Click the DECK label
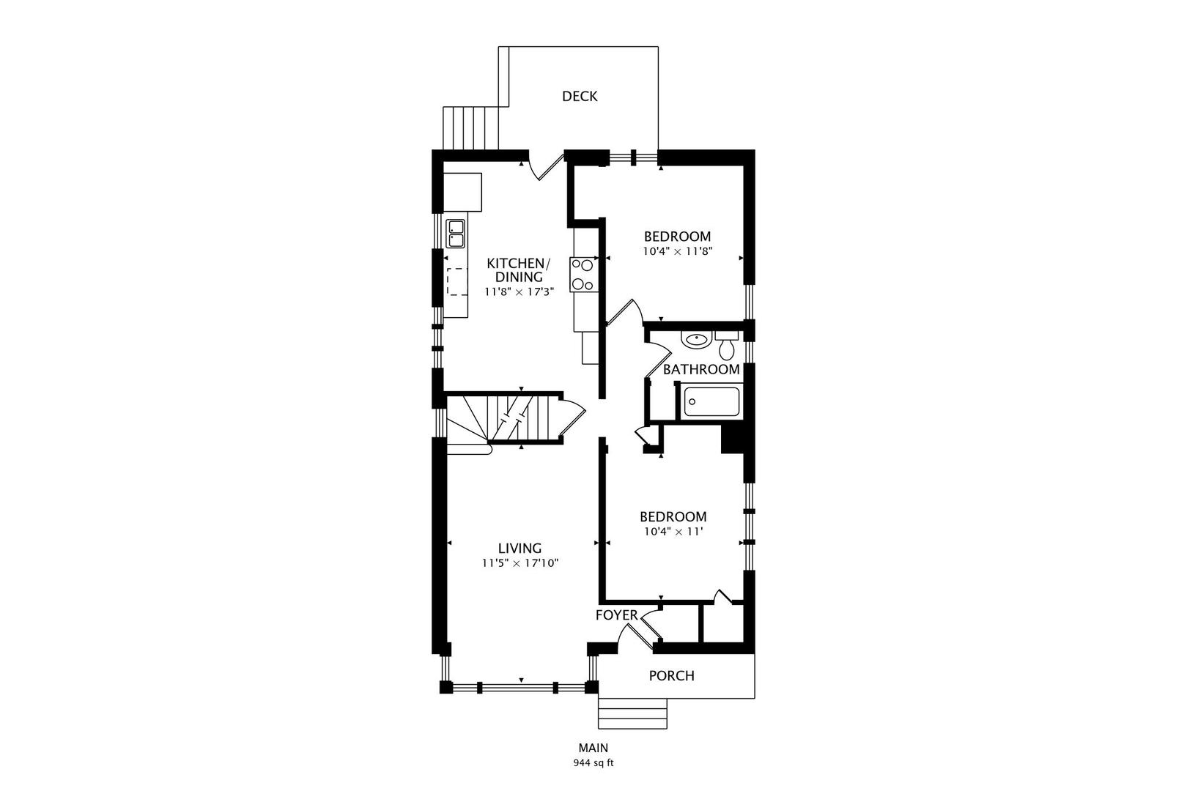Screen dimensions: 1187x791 (x=579, y=96)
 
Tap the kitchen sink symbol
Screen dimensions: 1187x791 (x=456, y=234)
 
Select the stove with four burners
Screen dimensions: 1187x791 (x=584, y=274)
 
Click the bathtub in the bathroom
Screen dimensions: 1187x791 (x=711, y=402)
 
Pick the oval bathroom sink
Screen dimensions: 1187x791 (x=695, y=340)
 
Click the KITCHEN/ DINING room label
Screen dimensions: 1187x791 (x=519, y=270)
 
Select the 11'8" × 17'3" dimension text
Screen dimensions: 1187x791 (x=519, y=291)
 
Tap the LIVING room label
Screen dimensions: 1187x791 (x=519, y=548)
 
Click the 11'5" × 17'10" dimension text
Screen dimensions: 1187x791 (x=520, y=562)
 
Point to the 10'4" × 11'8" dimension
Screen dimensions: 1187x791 (x=677, y=252)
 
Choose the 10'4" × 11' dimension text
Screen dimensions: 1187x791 (x=673, y=532)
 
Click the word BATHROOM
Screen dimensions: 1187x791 (x=701, y=369)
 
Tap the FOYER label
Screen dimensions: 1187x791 (x=616, y=615)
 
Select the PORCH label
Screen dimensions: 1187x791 (x=671, y=675)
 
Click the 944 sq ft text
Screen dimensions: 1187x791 (x=593, y=763)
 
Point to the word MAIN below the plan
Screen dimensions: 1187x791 (x=593, y=748)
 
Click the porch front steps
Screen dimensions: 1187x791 (x=633, y=713)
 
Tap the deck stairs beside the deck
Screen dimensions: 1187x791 (x=470, y=128)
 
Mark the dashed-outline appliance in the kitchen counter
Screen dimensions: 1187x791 (x=457, y=281)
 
